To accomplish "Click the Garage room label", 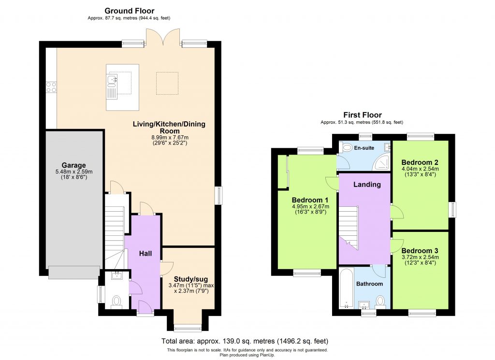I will (73, 165).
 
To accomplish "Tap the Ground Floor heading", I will (130, 11).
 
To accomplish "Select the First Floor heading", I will (362, 115).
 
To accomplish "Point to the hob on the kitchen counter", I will (51, 87).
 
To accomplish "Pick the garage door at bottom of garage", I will (75, 273).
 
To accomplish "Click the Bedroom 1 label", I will (310, 200).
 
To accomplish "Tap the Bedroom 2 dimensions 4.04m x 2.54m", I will (420, 169).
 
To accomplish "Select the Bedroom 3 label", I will (420, 251).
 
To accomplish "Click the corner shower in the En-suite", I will (382, 163).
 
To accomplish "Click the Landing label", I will (367, 184).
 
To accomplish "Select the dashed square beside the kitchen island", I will (167, 83).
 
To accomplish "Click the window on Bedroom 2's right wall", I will (453, 210).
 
